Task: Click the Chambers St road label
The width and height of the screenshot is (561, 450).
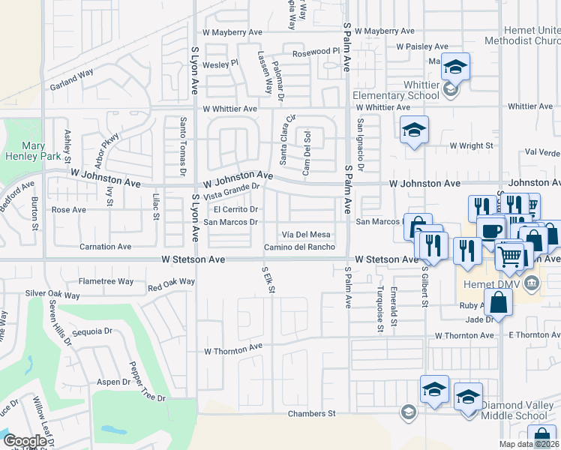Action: click(x=311, y=413)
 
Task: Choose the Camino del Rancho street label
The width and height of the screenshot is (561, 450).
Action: click(x=298, y=247)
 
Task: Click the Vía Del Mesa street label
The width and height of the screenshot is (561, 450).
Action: click(x=305, y=235)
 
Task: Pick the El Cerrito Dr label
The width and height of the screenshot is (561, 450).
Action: click(x=236, y=209)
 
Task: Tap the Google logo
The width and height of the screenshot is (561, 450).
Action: click(x=25, y=441)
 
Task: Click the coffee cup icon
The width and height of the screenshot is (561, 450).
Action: click(x=492, y=231)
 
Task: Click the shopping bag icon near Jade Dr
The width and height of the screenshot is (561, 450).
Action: click(x=499, y=303)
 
